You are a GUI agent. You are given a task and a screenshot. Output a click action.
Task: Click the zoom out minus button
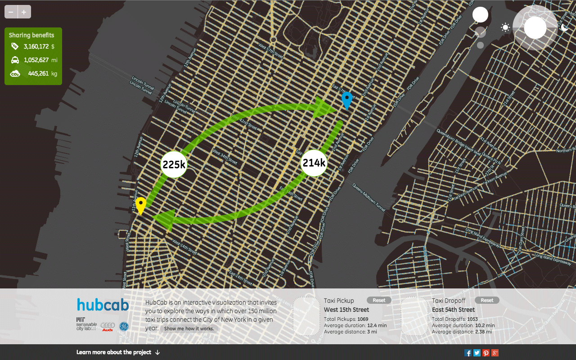pos(11,12)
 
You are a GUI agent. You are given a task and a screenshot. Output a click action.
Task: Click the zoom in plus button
pos(24,12)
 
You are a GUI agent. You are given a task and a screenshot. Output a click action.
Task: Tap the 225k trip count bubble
pos(174,165)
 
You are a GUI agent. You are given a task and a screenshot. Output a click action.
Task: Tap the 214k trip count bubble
pos(313,163)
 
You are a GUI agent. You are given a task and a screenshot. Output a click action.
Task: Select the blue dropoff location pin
pos(346,99)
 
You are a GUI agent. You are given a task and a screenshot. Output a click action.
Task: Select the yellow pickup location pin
pos(141,205)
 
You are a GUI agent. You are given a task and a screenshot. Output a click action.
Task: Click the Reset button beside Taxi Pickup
pos(379,300)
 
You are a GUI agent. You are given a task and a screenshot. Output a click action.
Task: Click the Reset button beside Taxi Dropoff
pos(487,300)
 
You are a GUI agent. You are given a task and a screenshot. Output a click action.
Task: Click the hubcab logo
pos(103,305)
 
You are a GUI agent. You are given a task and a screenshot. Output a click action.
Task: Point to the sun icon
pos(505,27)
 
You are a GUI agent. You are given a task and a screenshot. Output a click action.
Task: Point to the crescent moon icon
pos(565,27)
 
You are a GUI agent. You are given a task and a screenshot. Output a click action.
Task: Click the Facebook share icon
pos(468,353)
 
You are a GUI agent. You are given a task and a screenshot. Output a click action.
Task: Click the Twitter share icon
pos(477,353)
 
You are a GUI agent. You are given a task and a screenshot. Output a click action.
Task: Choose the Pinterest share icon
pos(486,353)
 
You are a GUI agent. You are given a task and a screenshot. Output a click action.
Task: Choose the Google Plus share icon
pos(495,353)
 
